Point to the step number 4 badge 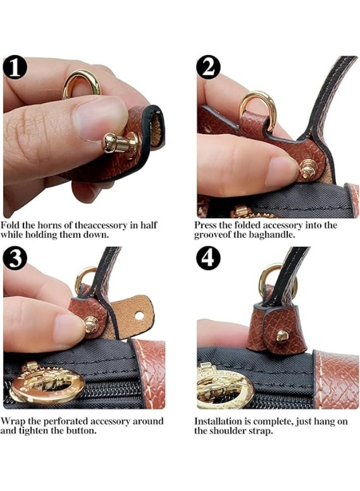[x=208, y=258]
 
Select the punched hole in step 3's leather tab [x=139, y=315]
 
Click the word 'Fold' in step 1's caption [x=11, y=225]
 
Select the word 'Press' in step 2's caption [x=206, y=225]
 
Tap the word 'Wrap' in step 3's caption [x=13, y=421]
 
